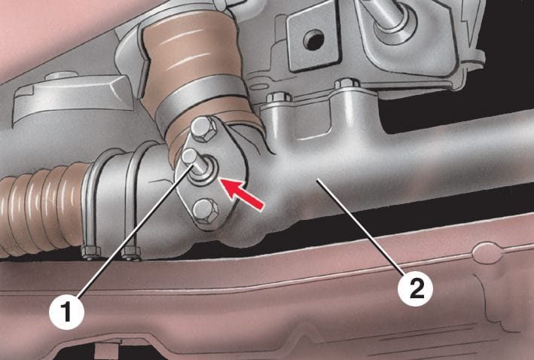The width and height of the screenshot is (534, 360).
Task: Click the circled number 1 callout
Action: (x=66, y=313)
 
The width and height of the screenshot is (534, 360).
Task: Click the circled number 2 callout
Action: (x=416, y=288)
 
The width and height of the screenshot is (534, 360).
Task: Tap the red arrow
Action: (x=242, y=194)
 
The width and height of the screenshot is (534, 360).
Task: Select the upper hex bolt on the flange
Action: (x=203, y=130)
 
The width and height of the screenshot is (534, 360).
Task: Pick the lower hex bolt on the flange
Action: (x=205, y=211)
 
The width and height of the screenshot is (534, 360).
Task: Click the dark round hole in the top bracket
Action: (x=313, y=40)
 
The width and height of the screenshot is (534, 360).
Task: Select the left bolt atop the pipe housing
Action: (x=279, y=98)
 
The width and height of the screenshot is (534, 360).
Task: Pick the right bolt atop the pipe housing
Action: (x=346, y=84)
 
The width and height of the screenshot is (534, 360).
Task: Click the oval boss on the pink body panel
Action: (x=487, y=253)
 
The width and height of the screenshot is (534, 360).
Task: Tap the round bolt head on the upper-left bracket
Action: (x=61, y=75)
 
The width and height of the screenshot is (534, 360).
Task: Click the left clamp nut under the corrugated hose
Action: (x=91, y=253)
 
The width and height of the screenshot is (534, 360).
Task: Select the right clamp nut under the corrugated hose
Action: (x=131, y=253)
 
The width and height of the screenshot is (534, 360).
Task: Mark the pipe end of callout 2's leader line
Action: (x=317, y=181)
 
